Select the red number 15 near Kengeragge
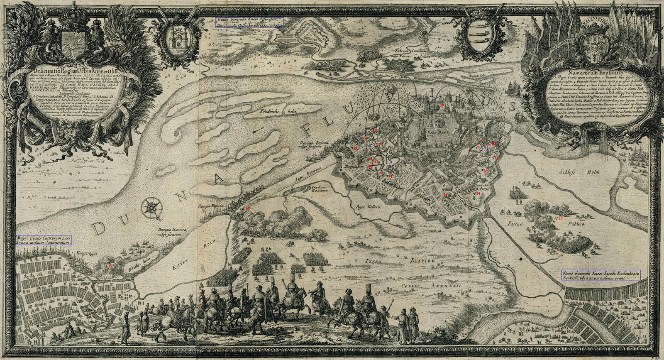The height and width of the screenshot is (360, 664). tap(110, 265)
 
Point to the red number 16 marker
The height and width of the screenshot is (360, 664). tap(248, 208)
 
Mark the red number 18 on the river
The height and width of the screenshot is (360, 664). tap(442, 106)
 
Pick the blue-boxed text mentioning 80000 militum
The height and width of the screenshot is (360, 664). tap(44, 240)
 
